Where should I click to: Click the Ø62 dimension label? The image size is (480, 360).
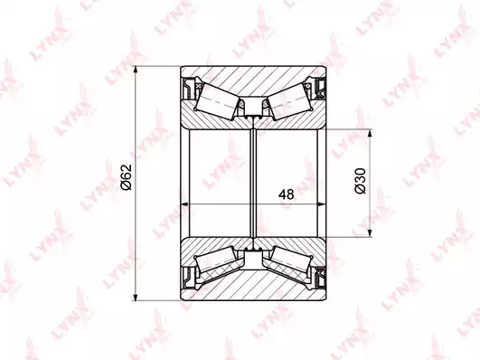pos(126,177)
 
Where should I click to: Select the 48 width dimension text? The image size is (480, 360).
pos(287,194)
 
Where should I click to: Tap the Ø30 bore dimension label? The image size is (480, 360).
pos(360,181)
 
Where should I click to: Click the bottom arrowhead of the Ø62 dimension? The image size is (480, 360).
pos(136,296)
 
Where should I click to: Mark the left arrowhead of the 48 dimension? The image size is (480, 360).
pos(185,204)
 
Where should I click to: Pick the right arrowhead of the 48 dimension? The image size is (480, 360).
pos(322,204)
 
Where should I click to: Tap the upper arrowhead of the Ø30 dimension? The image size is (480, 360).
pos(371,135)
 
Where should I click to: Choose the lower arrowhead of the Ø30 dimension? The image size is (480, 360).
pos(371,232)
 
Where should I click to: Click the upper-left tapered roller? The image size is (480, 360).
pos(217,102)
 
